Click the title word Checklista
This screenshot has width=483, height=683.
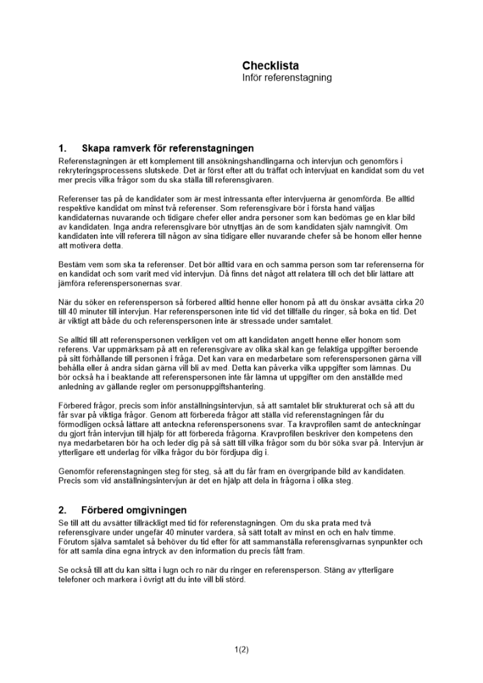tap(270, 66)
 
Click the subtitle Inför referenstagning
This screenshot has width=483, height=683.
tap(287, 78)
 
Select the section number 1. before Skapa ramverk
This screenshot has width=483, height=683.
tap(62, 148)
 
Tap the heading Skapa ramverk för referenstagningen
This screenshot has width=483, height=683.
tap(167, 148)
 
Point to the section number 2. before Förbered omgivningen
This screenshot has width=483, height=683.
tap(62, 510)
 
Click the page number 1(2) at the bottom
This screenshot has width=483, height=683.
tap(241, 650)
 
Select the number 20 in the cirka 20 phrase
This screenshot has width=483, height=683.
tap(419, 302)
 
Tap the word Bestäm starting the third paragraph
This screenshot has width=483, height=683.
tap(72, 264)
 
